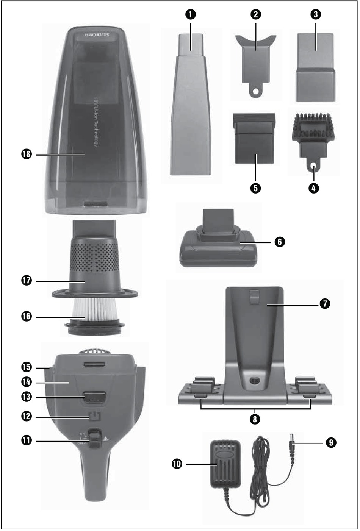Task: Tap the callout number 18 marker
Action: click(26, 155)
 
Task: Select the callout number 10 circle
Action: click(177, 464)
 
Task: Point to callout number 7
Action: click(324, 303)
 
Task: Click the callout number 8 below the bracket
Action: click(255, 419)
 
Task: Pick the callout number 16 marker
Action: click(26, 317)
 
